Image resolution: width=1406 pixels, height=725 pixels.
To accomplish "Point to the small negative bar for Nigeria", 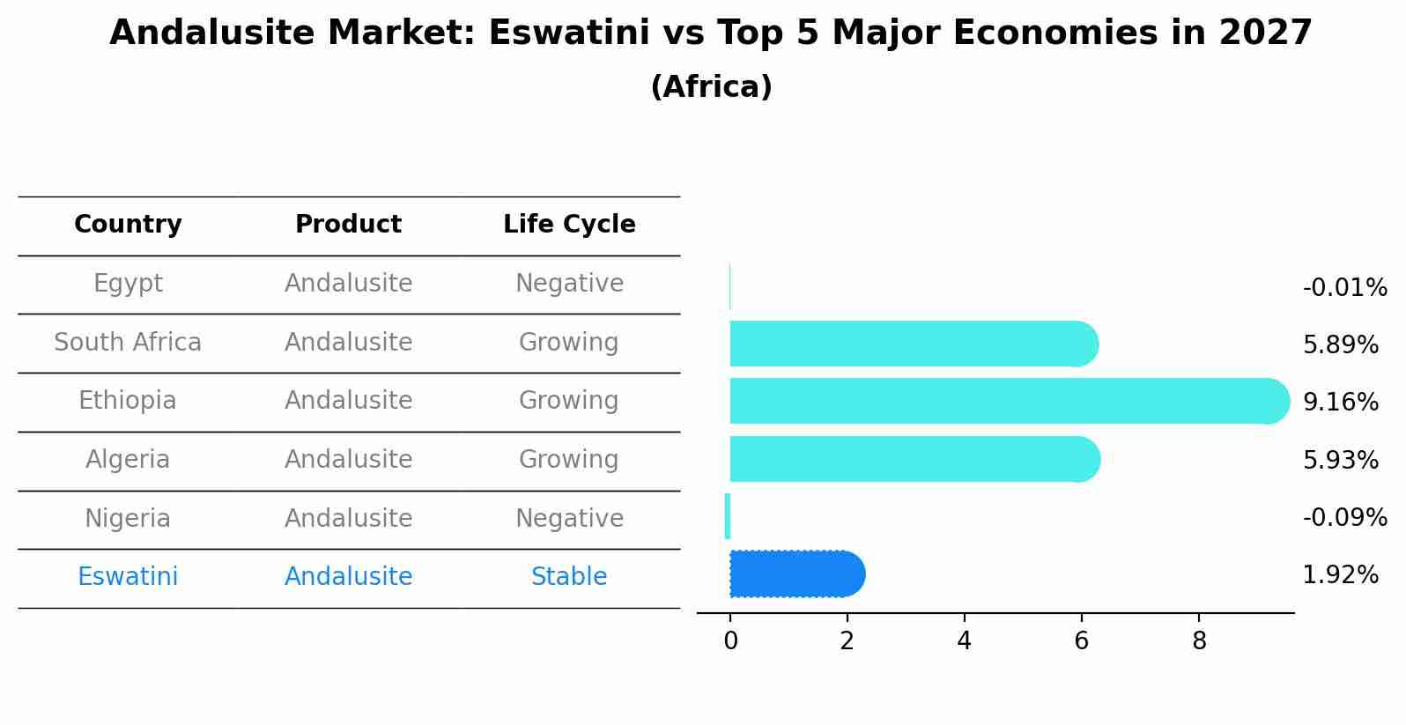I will [x=728, y=516].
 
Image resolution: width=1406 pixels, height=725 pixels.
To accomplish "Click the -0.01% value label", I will [x=1344, y=288].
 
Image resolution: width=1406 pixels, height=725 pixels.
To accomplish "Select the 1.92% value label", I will [x=1340, y=575].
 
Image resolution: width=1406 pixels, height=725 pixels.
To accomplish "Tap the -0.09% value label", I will [x=1344, y=517].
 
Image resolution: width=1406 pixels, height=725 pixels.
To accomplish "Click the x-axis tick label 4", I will [x=964, y=641].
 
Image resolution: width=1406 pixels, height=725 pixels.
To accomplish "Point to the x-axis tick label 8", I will [x=1199, y=641].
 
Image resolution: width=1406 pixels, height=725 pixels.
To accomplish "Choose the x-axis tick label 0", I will [x=730, y=641].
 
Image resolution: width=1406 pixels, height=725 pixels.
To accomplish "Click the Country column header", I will [x=128, y=225].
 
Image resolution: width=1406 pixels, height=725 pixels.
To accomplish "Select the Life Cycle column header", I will [x=569, y=225].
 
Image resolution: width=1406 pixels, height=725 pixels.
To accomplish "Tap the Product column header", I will [x=348, y=225].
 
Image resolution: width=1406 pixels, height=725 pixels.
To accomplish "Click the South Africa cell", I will [x=128, y=342].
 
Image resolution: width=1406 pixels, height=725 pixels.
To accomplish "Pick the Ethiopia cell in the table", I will [x=128, y=401].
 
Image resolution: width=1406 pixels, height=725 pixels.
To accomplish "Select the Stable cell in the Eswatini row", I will [x=569, y=577].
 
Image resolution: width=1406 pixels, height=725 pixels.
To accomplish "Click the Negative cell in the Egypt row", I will [x=569, y=284].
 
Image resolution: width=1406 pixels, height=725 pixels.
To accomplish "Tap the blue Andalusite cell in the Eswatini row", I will [x=348, y=577].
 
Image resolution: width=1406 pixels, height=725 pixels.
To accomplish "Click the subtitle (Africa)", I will [x=711, y=87].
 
